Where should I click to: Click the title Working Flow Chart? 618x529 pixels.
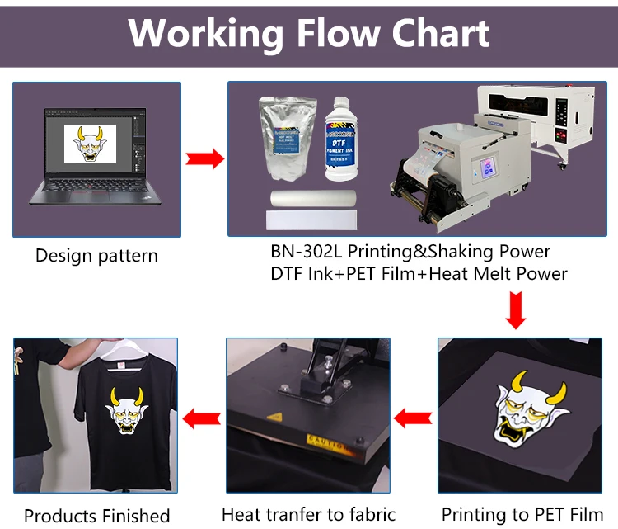(x=309, y=33)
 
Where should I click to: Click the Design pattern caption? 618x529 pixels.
(x=96, y=256)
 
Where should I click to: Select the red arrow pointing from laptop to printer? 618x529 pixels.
(x=204, y=158)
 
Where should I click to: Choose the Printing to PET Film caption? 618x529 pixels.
(x=522, y=513)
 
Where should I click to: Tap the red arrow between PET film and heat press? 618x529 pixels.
(x=413, y=418)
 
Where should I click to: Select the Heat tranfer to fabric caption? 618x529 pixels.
(x=309, y=514)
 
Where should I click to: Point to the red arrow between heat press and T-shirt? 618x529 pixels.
(x=201, y=418)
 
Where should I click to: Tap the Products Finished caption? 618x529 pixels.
(x=96, y=517)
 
